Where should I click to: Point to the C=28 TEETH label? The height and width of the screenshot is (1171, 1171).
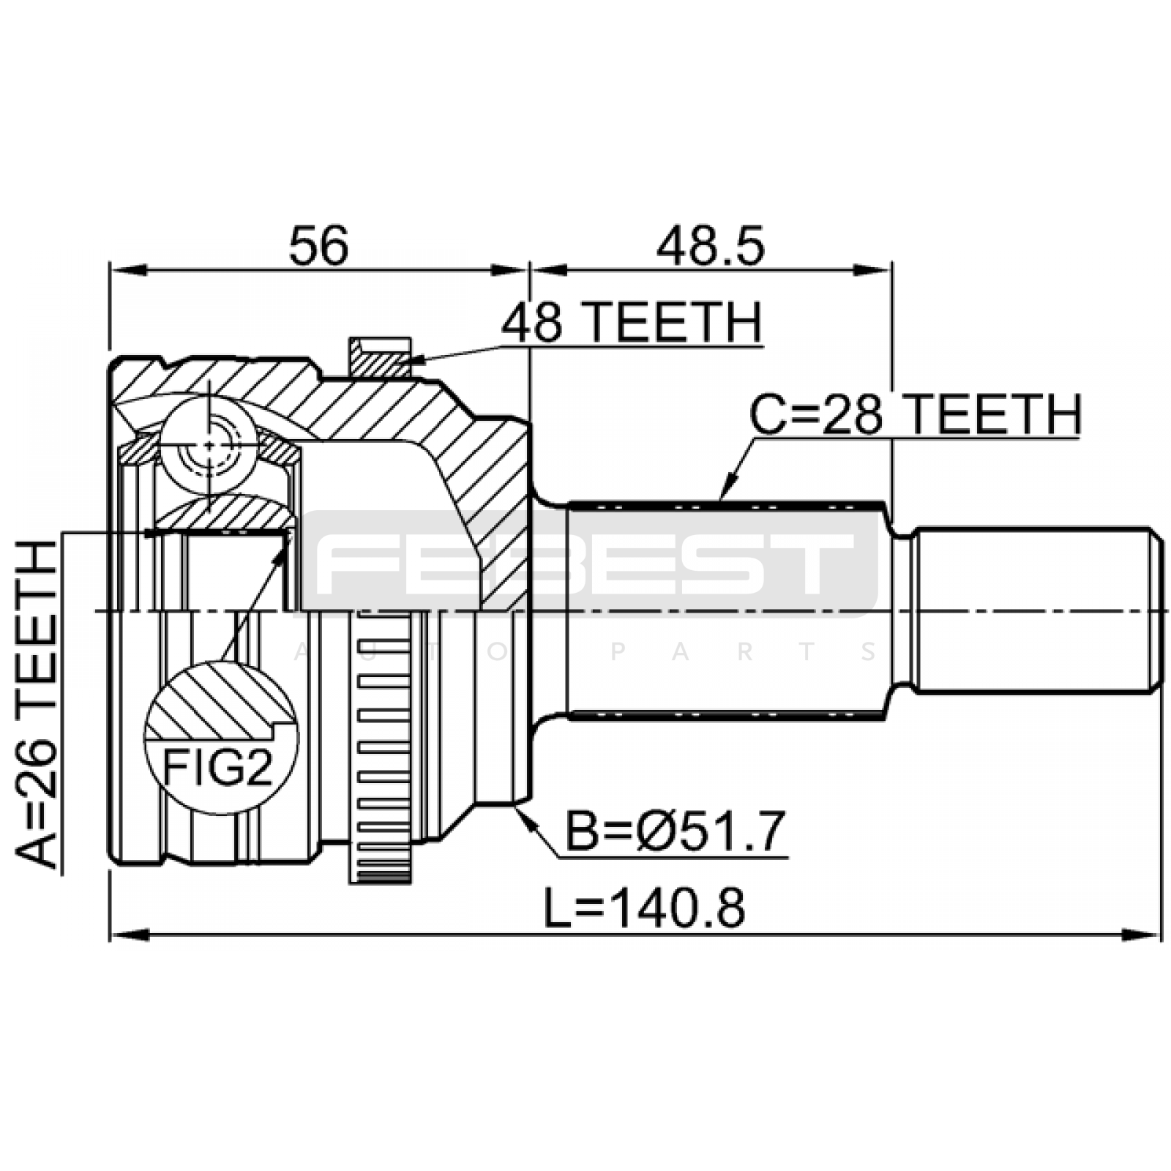(916, 415)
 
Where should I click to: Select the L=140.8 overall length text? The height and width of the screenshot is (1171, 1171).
(644, 908)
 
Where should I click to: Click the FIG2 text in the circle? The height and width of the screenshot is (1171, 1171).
(217, 768)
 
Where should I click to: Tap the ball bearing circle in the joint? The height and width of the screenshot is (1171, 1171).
(209, 446)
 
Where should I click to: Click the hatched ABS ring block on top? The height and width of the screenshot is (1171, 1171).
(379, 357)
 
